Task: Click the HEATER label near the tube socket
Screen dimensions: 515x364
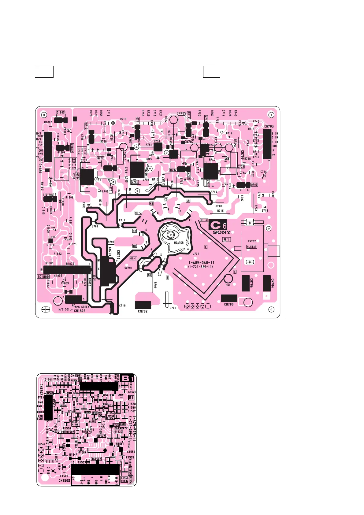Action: [179, 243]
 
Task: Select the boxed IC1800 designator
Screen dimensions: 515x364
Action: [43, 277]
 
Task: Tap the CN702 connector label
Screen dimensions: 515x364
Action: [143, 311]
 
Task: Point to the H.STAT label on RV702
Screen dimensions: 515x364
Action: [252, 247]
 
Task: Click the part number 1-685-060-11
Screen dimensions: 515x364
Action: [202, 263]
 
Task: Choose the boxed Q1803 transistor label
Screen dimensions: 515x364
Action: [61, 113]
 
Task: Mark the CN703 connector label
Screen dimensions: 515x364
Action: [269, 126]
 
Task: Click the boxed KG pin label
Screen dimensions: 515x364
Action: [166, 199]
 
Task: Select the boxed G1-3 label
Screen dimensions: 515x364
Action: [204, 220]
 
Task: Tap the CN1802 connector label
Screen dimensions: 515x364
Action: [80, 311]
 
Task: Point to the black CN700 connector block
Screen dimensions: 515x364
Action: [229, 298]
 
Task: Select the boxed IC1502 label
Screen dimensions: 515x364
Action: [96, 459]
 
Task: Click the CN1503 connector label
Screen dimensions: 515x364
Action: [64, 480]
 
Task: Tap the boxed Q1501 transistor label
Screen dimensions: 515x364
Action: [49, 380]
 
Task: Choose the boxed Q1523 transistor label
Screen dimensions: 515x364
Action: [101, 436]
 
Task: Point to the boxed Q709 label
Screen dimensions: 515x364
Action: [254, 185]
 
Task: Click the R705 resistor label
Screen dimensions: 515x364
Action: [111, 242]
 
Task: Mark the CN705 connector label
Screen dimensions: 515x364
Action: [181, 113]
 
